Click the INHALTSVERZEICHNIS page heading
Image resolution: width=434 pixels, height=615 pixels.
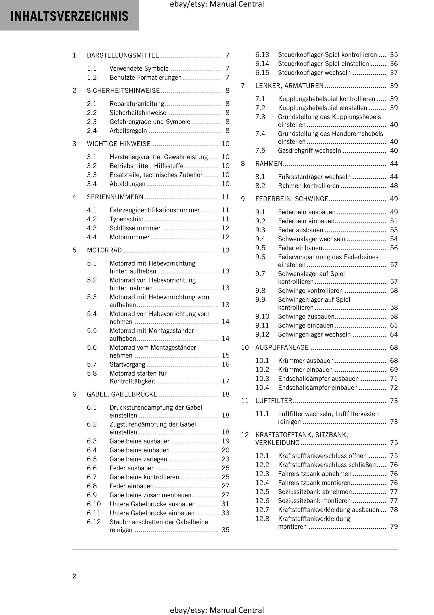pyautogui.click(x=69, y=16)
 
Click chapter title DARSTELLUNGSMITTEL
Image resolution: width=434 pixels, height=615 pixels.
pyautogui.click(x=123, y=55)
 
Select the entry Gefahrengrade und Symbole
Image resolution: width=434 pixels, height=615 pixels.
pyautogui.click(x=150, y=122)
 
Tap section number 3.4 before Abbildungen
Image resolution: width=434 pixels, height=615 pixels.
pyautogui.click(x=92, y=184)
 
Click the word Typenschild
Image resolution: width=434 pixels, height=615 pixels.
pyautogui.click(x=126, y=219)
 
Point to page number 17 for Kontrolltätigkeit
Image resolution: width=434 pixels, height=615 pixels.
pyautogui.click(x=225, y=381)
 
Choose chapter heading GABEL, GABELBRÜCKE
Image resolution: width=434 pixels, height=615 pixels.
pyautogui.click(x=122, y=394)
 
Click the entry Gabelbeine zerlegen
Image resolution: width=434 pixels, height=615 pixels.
pyautogui.click(x=138, y=459)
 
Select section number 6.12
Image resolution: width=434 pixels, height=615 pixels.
pyautogui.click(x=94, y=522)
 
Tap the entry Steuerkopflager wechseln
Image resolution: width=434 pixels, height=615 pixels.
pyautogui.click(x=314, y=73)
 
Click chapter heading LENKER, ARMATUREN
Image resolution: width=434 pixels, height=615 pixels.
pyautogui.click(x=289, y=86)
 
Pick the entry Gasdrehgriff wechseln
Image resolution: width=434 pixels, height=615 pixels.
pyautogui.click(x=309, y=150)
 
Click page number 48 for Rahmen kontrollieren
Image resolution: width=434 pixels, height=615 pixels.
pyautogui.click(x=394, y=186)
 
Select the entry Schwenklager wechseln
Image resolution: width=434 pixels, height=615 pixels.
pyautogui.click(x=311, y=239)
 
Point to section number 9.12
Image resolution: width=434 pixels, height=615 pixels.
pyautogui.click(x=262, y=334)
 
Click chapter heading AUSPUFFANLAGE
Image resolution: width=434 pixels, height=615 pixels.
pyautogui.click(x=282, y=348)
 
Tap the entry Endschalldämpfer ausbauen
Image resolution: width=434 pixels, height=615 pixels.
pyautogui.click(x=318, y=379)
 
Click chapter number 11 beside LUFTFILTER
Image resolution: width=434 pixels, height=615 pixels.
pyautogui.click(x=245, y=401)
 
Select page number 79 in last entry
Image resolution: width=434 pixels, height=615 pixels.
pyautogui.click(x=394, y=527)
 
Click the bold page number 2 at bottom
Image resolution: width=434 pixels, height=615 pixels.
pyautogui.click(x=74, y=576)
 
